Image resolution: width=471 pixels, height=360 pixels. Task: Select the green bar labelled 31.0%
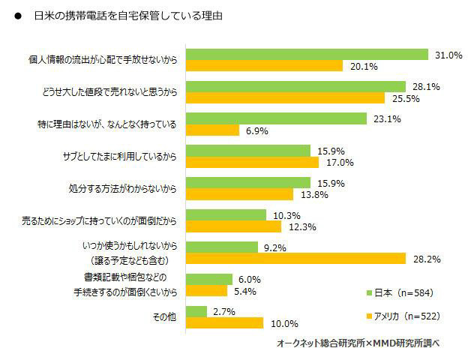307,54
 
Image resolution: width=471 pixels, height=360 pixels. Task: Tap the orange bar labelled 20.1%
265,65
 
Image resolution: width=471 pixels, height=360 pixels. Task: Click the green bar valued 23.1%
276,118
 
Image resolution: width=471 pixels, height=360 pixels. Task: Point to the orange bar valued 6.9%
212,130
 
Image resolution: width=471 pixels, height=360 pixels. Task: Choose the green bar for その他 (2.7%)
196,311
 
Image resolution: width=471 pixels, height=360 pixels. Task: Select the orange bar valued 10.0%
224,323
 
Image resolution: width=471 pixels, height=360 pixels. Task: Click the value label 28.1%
425,86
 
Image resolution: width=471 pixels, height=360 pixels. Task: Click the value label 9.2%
278,247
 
